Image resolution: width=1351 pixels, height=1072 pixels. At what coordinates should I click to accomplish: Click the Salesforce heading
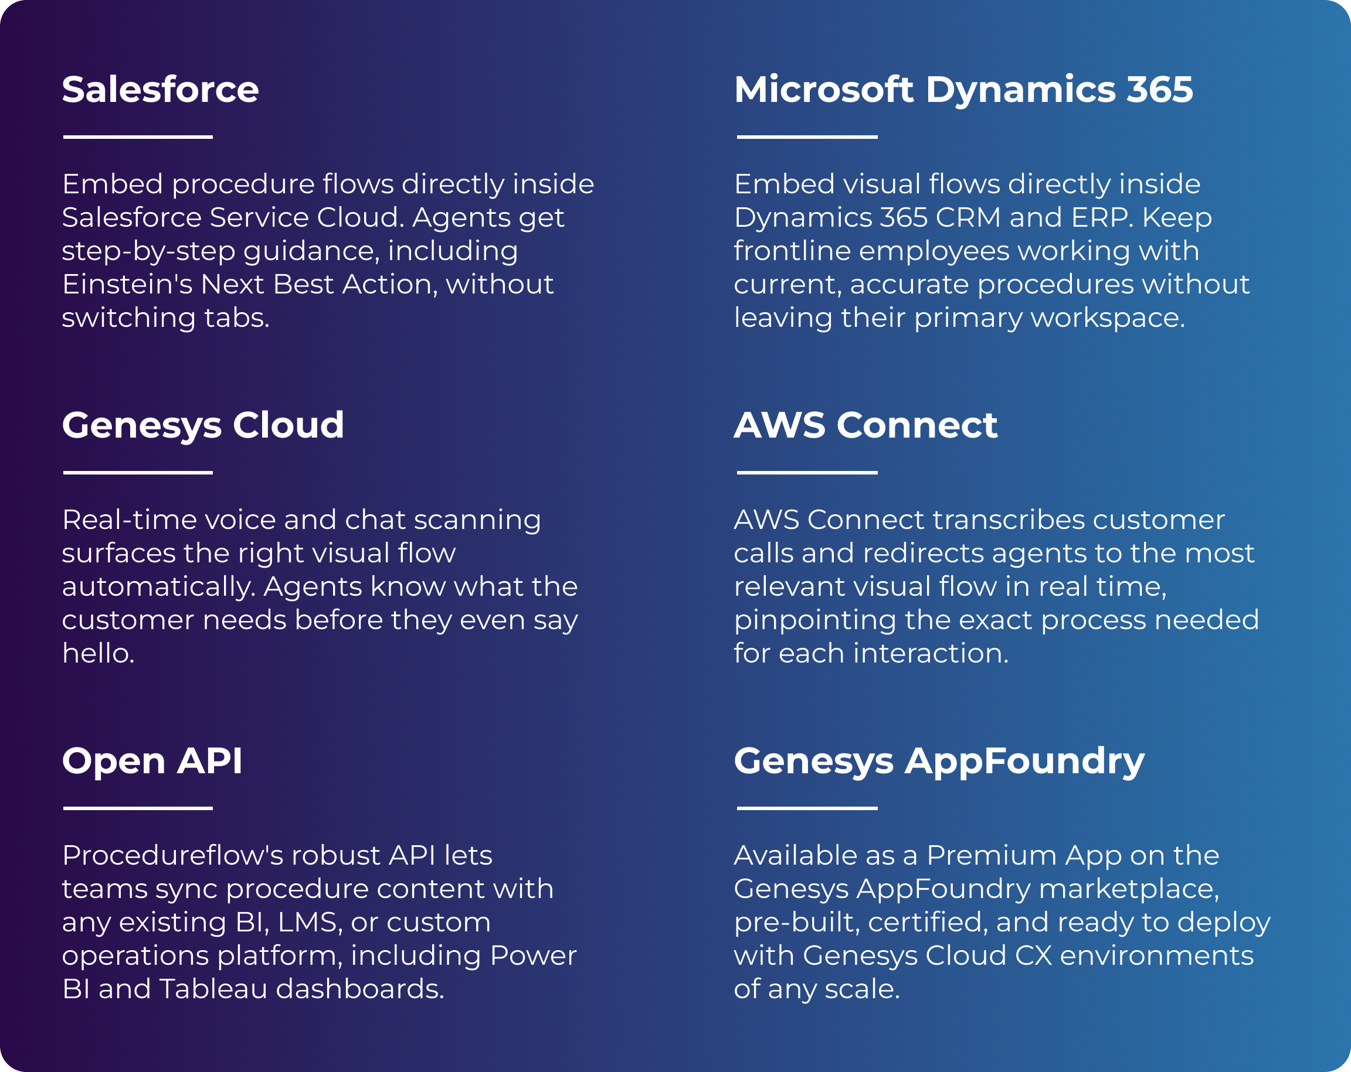point(161,90)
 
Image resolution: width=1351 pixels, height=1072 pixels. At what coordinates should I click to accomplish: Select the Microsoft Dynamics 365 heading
point(963,90)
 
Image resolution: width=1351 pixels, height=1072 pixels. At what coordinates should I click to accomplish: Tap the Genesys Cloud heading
point(203,425)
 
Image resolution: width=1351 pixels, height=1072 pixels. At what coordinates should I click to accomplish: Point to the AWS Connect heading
point(865,425)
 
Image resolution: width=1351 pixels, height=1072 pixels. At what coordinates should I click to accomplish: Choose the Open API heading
point(152,761)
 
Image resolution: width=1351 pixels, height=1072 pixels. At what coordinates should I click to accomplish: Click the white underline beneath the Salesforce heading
point(138,136)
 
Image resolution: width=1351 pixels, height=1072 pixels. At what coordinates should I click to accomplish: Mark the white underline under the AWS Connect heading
point(807,472)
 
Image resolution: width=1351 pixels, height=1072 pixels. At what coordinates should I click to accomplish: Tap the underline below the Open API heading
point(138,808)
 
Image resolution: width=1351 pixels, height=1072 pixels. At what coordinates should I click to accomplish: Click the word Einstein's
point(127,284)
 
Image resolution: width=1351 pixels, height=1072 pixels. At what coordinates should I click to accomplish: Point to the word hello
point(98,653)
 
